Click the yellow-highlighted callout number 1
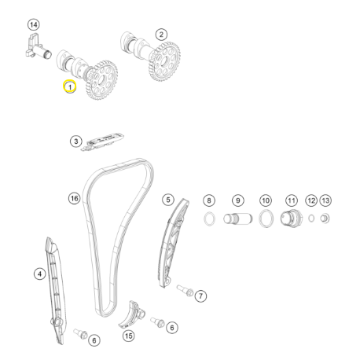70,86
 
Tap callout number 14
33,25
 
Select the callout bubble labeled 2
161,35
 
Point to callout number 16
74,198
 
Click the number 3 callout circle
76,141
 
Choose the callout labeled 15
129,336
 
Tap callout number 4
39,274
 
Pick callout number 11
292,200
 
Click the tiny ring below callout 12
311,218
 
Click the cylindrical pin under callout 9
238,219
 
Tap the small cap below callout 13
325,219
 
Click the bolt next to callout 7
186,291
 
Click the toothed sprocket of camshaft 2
165,61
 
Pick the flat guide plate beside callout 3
103,142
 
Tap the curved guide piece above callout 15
130,315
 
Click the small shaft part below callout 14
38,47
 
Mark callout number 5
168,200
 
